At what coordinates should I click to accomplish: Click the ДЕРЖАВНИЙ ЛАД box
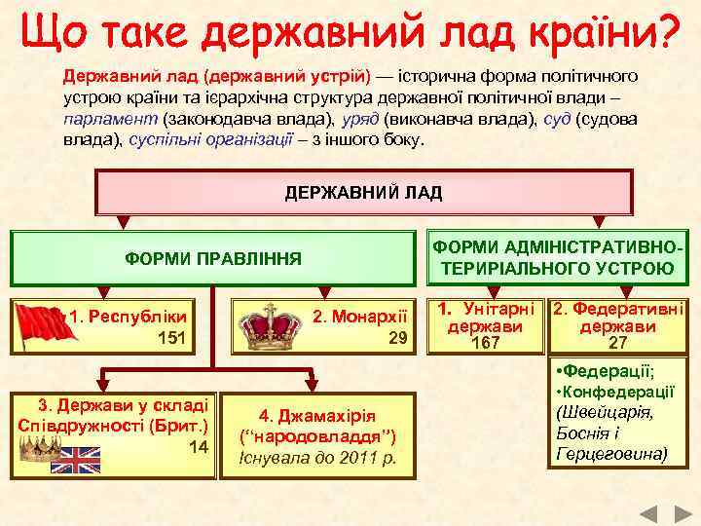(363, 192)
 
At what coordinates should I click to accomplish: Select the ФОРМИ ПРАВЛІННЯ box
(214, 259)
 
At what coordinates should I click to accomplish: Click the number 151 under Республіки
(171, 338)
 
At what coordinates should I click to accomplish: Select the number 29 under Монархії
(396, 338)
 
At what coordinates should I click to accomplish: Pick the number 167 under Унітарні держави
(484, 343)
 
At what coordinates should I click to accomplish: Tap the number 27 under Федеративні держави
(618, 343)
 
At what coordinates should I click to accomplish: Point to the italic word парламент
(111, 120)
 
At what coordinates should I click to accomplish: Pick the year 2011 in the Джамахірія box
(354, 457)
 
